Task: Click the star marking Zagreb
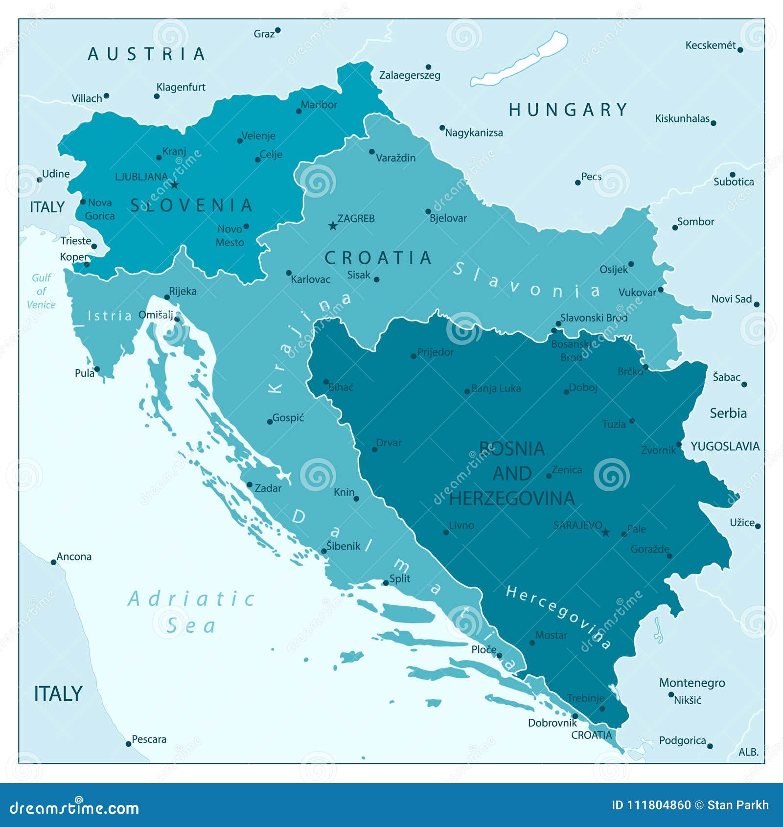[x=333, y=226]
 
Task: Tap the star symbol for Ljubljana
[x=175, y=184]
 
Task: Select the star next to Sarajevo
[x=605, y=532]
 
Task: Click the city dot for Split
[x=386, y=583]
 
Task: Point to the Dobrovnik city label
[x=552, y=723]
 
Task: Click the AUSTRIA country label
[x=146, y=54]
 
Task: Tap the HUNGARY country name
[x=568, y=110]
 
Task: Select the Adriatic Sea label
[x=191, y=612]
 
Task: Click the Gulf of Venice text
[x=41, y=291]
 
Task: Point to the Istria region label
[x=110, y=316]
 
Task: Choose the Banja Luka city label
[x=496, y=389]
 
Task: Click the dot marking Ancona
[x=53, y=562]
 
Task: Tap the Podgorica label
[x=682, y=740]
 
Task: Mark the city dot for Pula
[x=97, y=369]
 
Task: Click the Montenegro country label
[x=691, y=683]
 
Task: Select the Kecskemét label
[x=710, y=46]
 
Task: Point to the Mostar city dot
[x=532, y=643]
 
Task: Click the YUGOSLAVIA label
[x=725, y=446]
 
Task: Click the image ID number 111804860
[x=659, y=805]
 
